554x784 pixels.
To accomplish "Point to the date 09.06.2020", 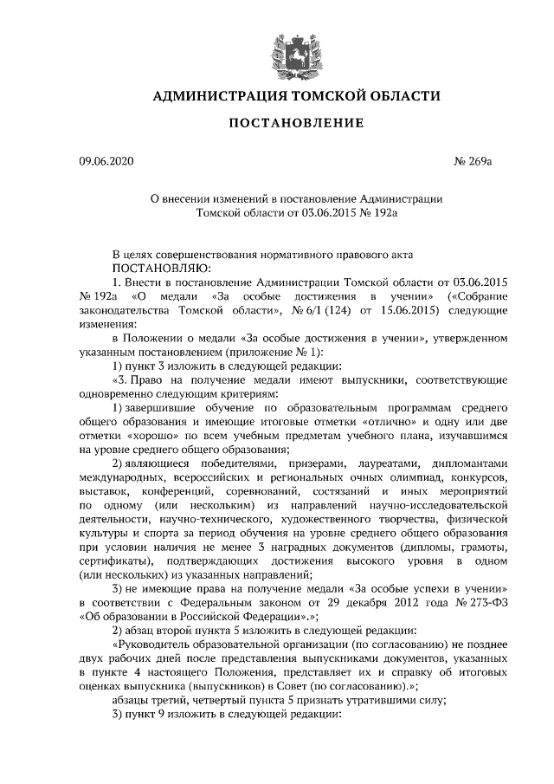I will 103,161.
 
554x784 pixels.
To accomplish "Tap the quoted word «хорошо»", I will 156,435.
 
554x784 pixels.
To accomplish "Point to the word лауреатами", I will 396,463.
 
